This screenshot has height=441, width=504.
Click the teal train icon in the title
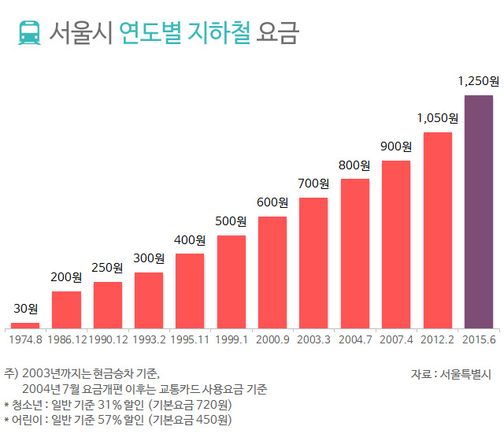point(29,32)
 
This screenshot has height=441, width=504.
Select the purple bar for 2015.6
point(478,211)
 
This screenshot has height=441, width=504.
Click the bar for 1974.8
point(25,325)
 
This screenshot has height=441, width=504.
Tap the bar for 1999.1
point(232,281)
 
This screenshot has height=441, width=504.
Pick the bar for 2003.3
point(313,262)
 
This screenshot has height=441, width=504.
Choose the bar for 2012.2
point(437,230)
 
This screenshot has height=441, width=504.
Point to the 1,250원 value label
point(479,81)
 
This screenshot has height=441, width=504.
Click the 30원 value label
point(25,309)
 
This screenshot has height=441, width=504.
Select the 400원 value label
point(190,240)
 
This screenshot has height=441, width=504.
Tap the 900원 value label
point(396,146)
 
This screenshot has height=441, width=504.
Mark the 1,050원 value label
point(437,118)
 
